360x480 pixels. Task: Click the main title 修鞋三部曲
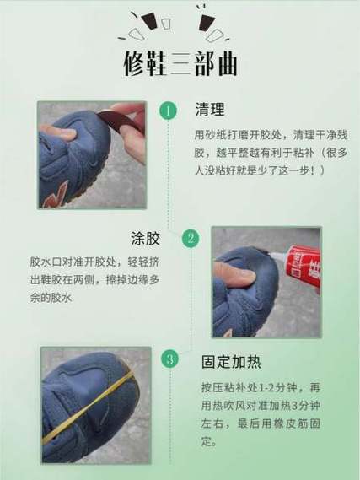tap(180, 64)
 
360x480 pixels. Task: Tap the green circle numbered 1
tap(169, 111)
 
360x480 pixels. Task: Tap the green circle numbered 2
tap(191, 238)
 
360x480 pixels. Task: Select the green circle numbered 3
tap(170, 359)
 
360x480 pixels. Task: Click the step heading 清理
tap(210, 110)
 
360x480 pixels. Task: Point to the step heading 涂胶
tap(145, 238)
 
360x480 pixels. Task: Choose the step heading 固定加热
tap(231, 362)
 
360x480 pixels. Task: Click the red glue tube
tap(303, 267)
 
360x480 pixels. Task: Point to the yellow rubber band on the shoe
tap(89, 407)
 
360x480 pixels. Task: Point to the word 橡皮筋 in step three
tap(291, 423)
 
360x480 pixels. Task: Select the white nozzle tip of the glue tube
tap(281, 255)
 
